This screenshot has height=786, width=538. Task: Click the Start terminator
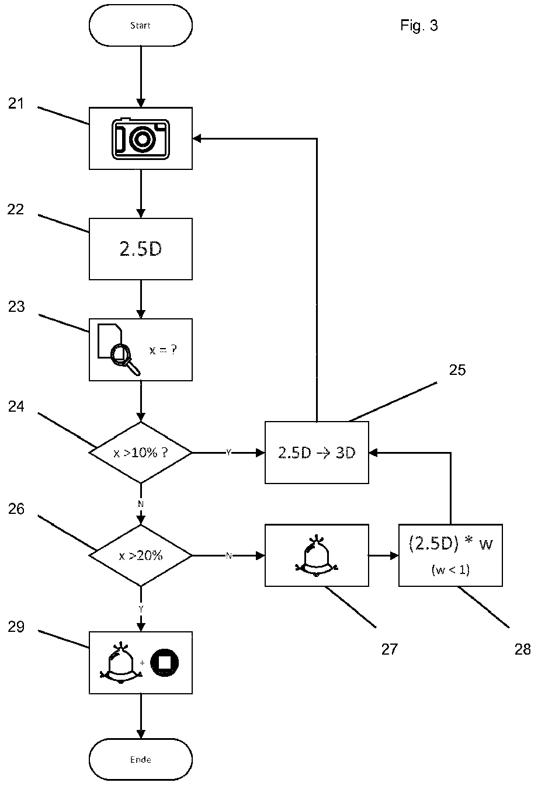[141, 25]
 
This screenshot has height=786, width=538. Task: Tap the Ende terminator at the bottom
[141, 759]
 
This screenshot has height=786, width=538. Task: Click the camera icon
[141, 139]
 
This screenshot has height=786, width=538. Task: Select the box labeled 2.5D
[141, 249]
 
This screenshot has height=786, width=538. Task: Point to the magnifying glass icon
[125, 359]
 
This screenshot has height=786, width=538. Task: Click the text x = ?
[163, 350]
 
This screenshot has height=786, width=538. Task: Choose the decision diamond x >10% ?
[141, 453]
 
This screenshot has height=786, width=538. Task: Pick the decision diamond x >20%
[141, 555]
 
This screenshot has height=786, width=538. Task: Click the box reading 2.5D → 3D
[317, 453]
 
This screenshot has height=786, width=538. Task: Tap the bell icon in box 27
[317, 556]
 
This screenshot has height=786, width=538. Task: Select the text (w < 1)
[450, 570]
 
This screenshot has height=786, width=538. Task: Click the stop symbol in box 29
[165, 663]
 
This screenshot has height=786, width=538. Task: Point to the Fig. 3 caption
[419, 26]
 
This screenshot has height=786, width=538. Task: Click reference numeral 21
[16, 104]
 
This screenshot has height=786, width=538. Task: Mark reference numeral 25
[457, 370]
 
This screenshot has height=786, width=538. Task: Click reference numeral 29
[16, 627]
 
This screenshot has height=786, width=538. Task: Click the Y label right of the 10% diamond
[228, 453]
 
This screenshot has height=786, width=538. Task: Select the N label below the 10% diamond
[141, 504]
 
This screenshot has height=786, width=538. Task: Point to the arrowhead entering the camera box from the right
[196, 138]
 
